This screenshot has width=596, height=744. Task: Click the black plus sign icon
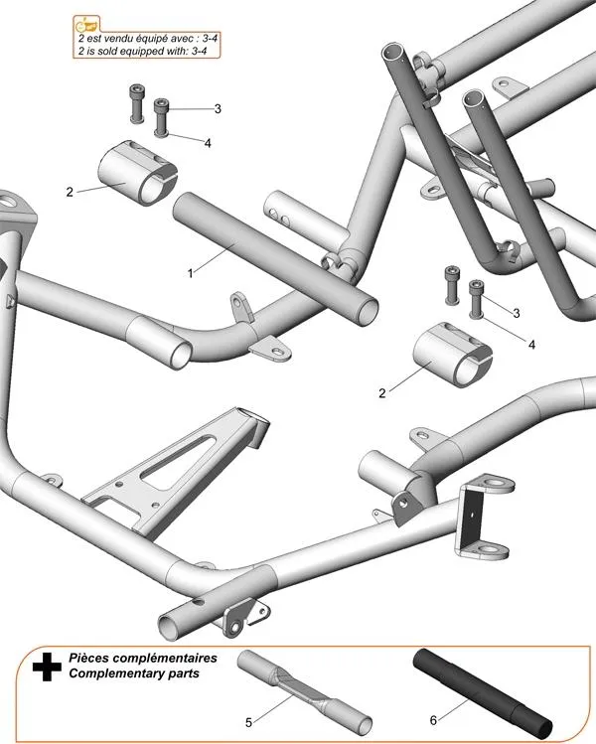pos(43,667)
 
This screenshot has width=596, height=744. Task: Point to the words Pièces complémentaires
pos(142,659)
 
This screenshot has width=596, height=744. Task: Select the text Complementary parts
pos(133,673)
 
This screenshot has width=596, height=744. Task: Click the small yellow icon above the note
pos(87,23)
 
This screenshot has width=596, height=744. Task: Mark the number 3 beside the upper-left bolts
pos(218,108)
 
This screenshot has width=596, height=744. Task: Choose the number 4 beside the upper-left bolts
pos(208,143)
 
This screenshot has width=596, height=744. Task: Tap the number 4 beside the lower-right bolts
pos(532,345)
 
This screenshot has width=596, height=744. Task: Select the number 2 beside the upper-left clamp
pos(70,192)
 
